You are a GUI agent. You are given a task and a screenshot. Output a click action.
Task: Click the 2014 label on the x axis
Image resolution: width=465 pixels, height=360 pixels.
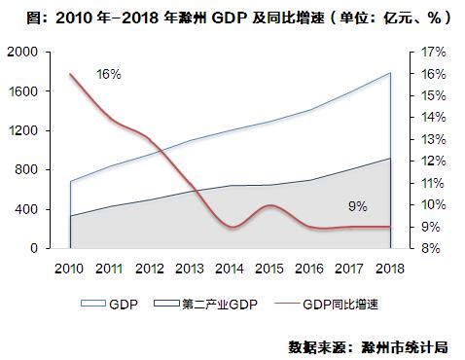pyautogui.click(x=230, y=268)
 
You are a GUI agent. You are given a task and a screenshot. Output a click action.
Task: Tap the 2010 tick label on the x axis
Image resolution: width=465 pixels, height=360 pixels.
pyautogui.click(x=69, y=268)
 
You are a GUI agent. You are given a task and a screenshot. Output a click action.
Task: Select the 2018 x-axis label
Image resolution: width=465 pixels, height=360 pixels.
pyautogui.click(x=390, y=268)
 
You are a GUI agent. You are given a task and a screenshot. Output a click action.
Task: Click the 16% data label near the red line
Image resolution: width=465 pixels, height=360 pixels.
pyautogui.click(x=108, y=74)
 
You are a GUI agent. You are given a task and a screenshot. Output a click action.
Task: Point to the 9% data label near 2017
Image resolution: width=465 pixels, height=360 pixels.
pyautogui.click(x=357, y=206)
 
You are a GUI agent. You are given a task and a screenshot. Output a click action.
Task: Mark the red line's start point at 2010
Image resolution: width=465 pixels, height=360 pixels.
pyautogui.click(x=70, y=74)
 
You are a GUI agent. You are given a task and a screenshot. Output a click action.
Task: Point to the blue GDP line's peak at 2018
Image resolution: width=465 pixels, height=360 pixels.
pyautogui.click(x=390, y=73)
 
